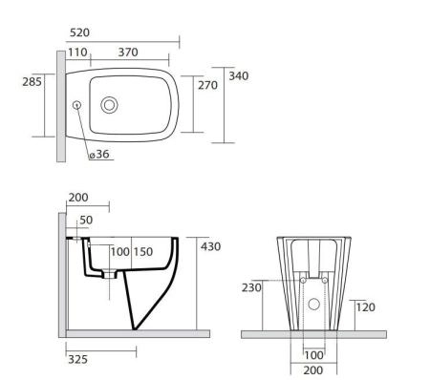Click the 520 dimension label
[x=79, y=32]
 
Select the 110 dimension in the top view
[x=77, y=53]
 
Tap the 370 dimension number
[x=128, y=53]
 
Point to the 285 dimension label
[x=32, y=82]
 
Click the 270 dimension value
[x=207, y=85]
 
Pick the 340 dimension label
[x=239, y=76]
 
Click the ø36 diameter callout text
[x=99, y=154]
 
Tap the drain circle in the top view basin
[x=109, y=105]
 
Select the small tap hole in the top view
[x=76, y=105]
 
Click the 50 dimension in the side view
[x=86, y=220]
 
